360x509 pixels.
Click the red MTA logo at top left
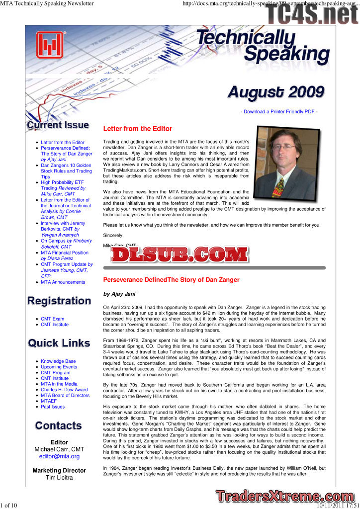point(50,45)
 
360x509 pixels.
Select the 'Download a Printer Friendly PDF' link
point(279,112)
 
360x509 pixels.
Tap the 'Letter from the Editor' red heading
point(137,129)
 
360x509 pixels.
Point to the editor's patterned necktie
point(279,187)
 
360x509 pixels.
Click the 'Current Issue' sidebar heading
point(58,125)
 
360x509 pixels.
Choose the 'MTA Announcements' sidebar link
point(63,282)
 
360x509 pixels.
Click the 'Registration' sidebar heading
point(59,301)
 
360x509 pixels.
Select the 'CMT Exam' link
point(52,319)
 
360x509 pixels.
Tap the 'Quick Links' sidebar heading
point(59,343)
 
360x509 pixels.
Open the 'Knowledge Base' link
point(58,361)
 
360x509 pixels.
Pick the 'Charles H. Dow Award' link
point(64,390)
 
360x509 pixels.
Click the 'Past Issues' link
point(53,407)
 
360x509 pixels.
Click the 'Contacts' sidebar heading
point(59,426)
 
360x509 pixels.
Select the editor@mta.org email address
point(59,456)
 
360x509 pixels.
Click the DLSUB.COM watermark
point(180,255)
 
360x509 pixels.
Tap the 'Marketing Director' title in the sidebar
point(59,470)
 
